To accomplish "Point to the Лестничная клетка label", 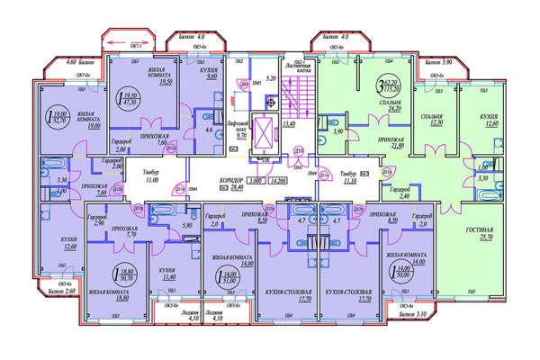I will pyautogui.click(x=299, y=65).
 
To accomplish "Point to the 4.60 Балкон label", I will pyautogui.click(x=59, y=62).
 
